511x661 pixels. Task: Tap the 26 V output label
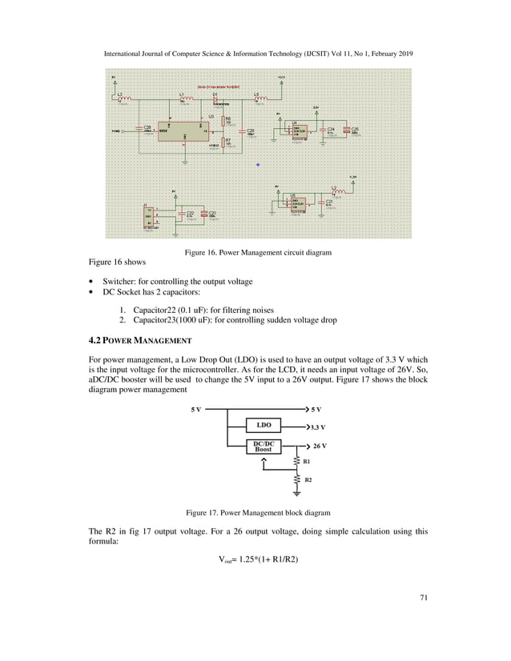pos(319,445)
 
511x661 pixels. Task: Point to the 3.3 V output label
pos(320,427)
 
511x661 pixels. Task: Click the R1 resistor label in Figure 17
pos(307,462)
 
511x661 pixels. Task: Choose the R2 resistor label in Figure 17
pos(307,479)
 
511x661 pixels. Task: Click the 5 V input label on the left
pos(195,409)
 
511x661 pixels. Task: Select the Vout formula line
pos(255,559)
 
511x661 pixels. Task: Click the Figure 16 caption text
pos(258,253)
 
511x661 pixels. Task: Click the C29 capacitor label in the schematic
pos(250,130)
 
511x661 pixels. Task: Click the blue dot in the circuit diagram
pos(258,165)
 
